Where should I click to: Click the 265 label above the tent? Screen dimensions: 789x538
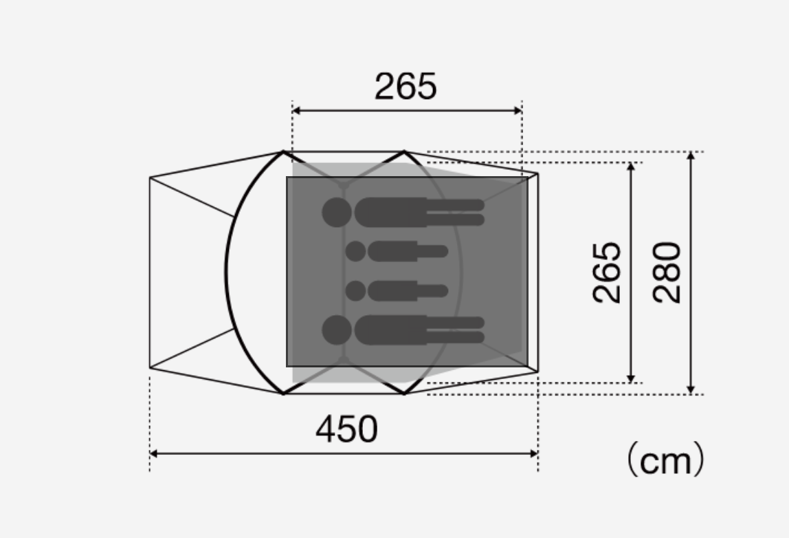coord(405,86)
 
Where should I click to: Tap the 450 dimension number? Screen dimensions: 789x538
coord(346,429)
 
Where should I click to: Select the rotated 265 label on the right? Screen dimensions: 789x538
coord(607,272)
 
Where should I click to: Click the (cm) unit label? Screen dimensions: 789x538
coord(665,459)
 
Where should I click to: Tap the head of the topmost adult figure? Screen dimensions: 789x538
coord(337,212)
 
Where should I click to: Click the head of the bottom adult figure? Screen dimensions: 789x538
coord(337,330)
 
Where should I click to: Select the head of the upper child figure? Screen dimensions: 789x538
coord(356,251)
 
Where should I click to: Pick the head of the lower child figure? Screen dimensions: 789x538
coord(356,290)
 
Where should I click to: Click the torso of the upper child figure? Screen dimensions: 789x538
coord(392,251)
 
